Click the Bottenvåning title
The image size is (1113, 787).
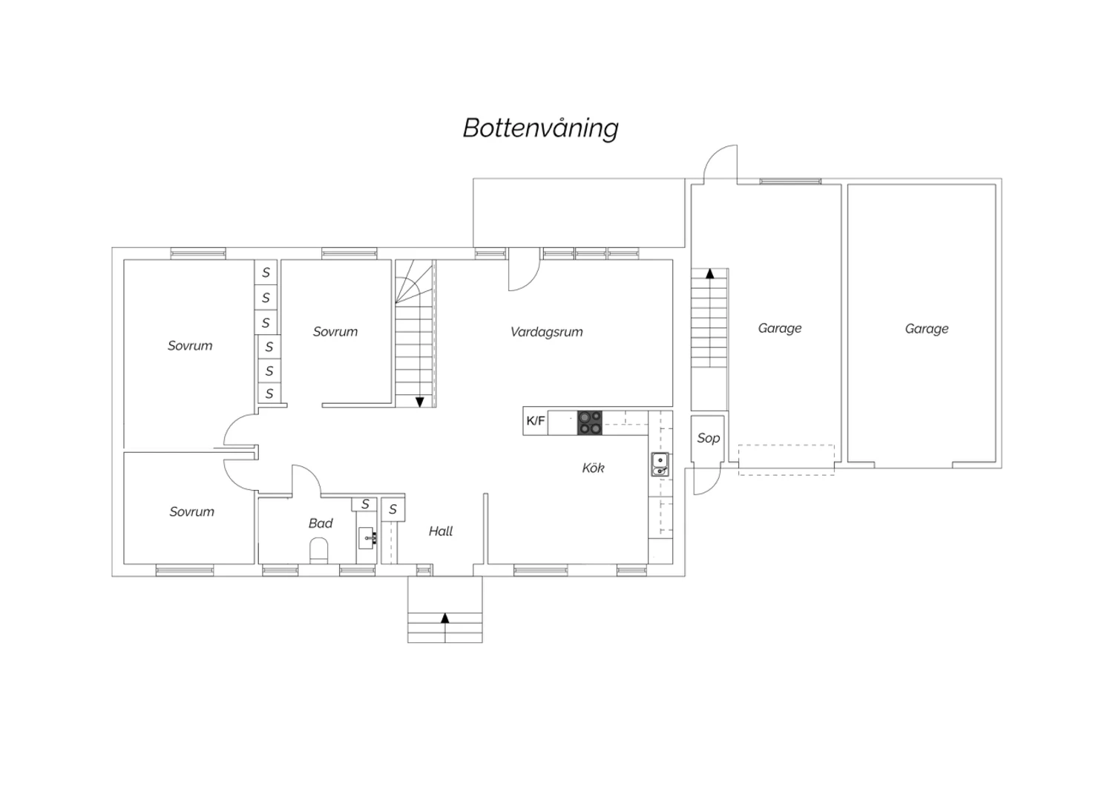pos(541,128)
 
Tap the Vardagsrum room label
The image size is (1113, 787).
pos(547,332)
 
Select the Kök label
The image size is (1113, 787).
pos(594,468)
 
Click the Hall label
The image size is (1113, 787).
pos(441,532)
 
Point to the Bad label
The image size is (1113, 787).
pos(321,523)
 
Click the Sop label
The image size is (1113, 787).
pos(708,438)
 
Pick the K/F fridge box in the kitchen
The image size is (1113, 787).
pos(535,422)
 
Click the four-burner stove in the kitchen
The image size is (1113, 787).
pos(590,422)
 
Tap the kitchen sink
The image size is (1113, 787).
pos(660,464)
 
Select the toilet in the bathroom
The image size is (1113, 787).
pos(319,550)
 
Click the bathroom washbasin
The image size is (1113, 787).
pos(367,538)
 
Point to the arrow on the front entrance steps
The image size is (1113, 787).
pos(445,618)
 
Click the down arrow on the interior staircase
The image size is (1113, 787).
pos(420,402)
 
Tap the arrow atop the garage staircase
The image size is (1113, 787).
pos(710,273)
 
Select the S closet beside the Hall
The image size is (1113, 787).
pos(393,509)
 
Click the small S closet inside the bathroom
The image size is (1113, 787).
pos(365,504)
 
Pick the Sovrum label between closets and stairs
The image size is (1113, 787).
pos(335,332)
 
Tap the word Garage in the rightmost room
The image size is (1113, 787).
pos(927,329)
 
